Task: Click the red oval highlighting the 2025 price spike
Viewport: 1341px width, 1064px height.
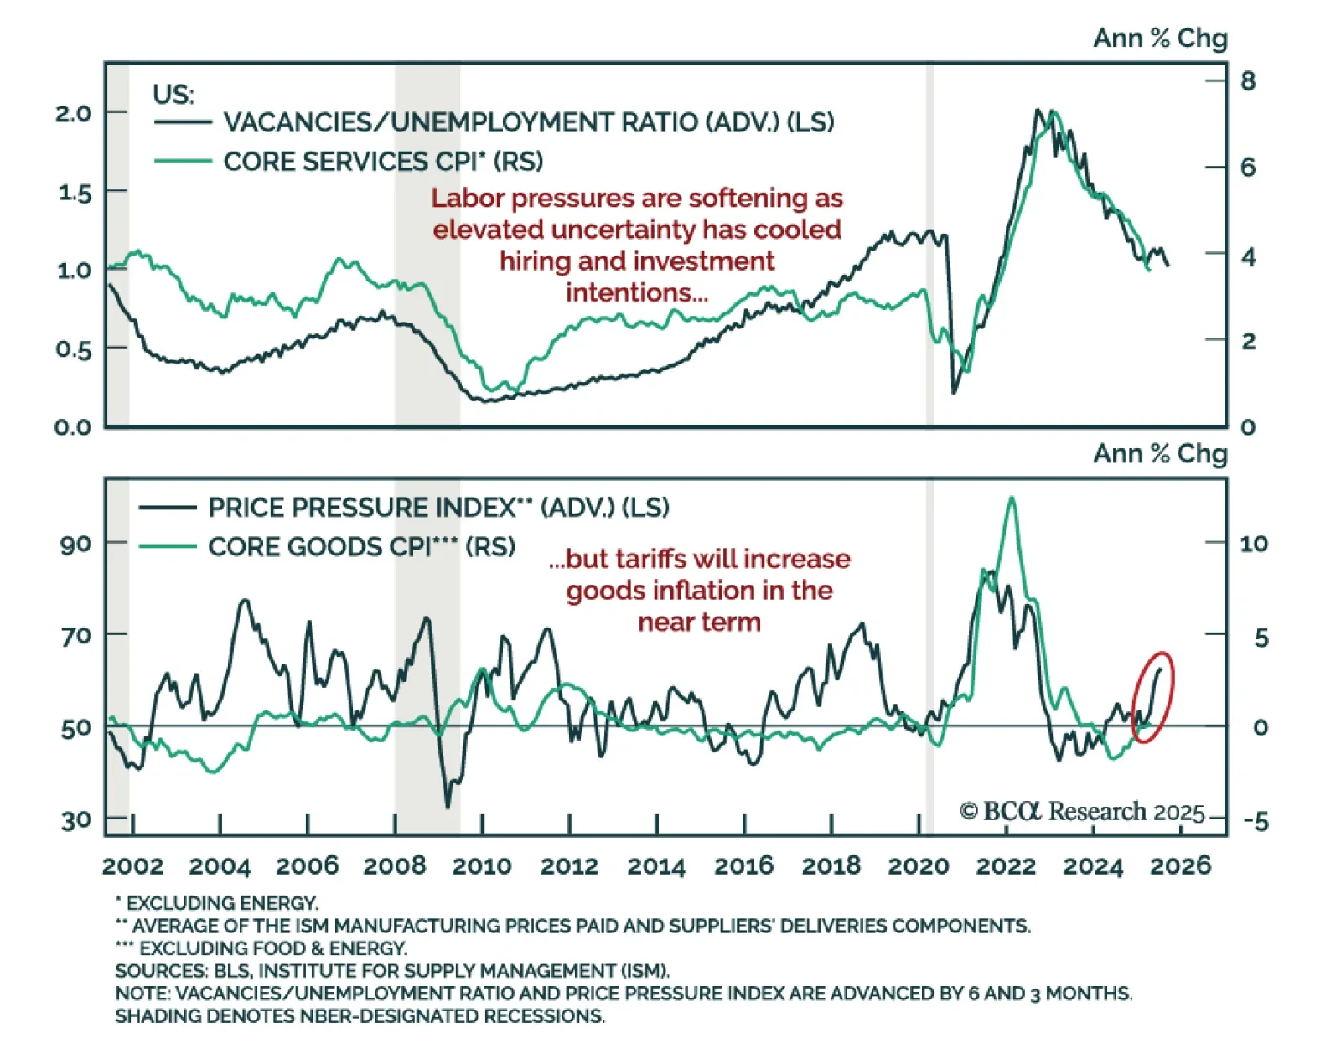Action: [1153, 696]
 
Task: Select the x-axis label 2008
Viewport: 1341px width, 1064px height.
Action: [395, 865]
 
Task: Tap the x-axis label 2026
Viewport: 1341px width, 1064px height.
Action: [1180, 865]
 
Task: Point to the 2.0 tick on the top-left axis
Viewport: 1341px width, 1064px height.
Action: [73, 113]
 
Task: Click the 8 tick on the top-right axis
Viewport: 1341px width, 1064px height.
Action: [1248, 81]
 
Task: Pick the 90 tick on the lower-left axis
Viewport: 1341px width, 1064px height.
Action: [75, 544]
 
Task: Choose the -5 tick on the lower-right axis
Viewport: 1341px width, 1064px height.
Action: [1256, 821]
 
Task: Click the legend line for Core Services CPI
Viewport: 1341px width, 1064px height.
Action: [183, 161]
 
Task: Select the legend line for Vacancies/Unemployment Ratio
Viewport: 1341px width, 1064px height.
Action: [183, 122]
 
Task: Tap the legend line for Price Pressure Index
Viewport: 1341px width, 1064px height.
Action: [168, 508]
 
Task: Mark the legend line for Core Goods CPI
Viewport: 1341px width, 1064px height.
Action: [168, 547]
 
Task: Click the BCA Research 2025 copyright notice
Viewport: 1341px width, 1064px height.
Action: [1081, 812]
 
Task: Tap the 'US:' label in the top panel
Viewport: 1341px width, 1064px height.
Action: [173, 95]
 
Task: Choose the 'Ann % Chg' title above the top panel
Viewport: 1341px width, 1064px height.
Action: [1160, 39]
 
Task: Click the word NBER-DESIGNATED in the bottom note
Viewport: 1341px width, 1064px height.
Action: [386, 1016]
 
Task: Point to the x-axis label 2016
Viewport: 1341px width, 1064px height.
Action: [743, 865]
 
